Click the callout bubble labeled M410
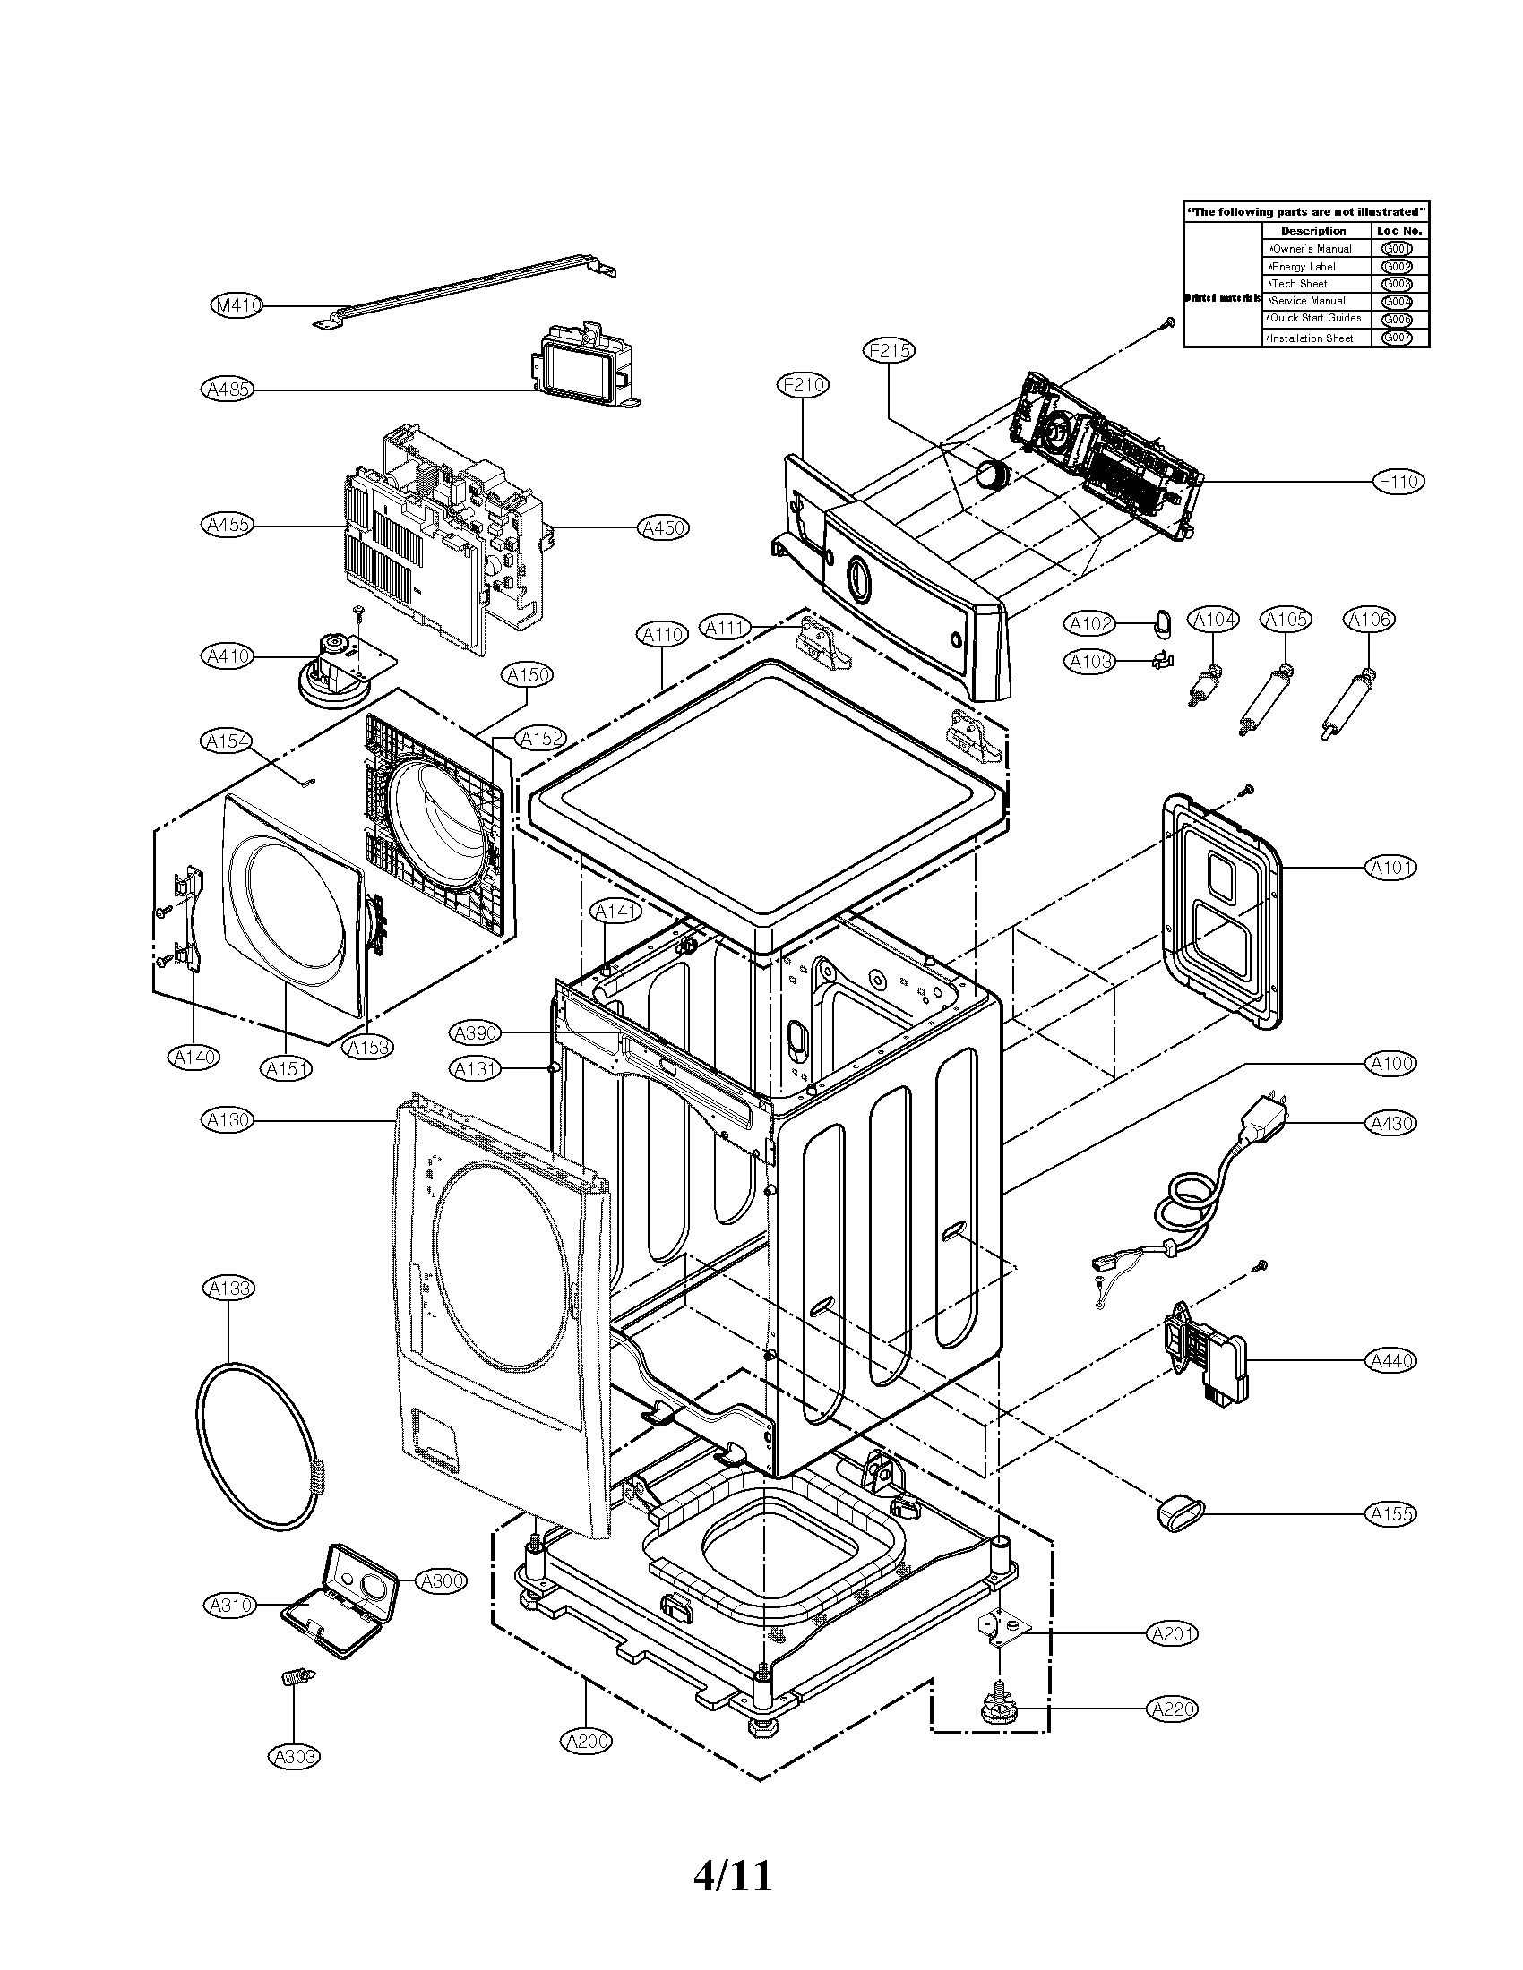237,305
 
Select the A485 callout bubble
227,390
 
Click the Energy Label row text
1303,267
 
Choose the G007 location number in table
1397,338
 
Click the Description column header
1312,231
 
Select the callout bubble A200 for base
588,1742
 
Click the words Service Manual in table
1308,301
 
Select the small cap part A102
1160,620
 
